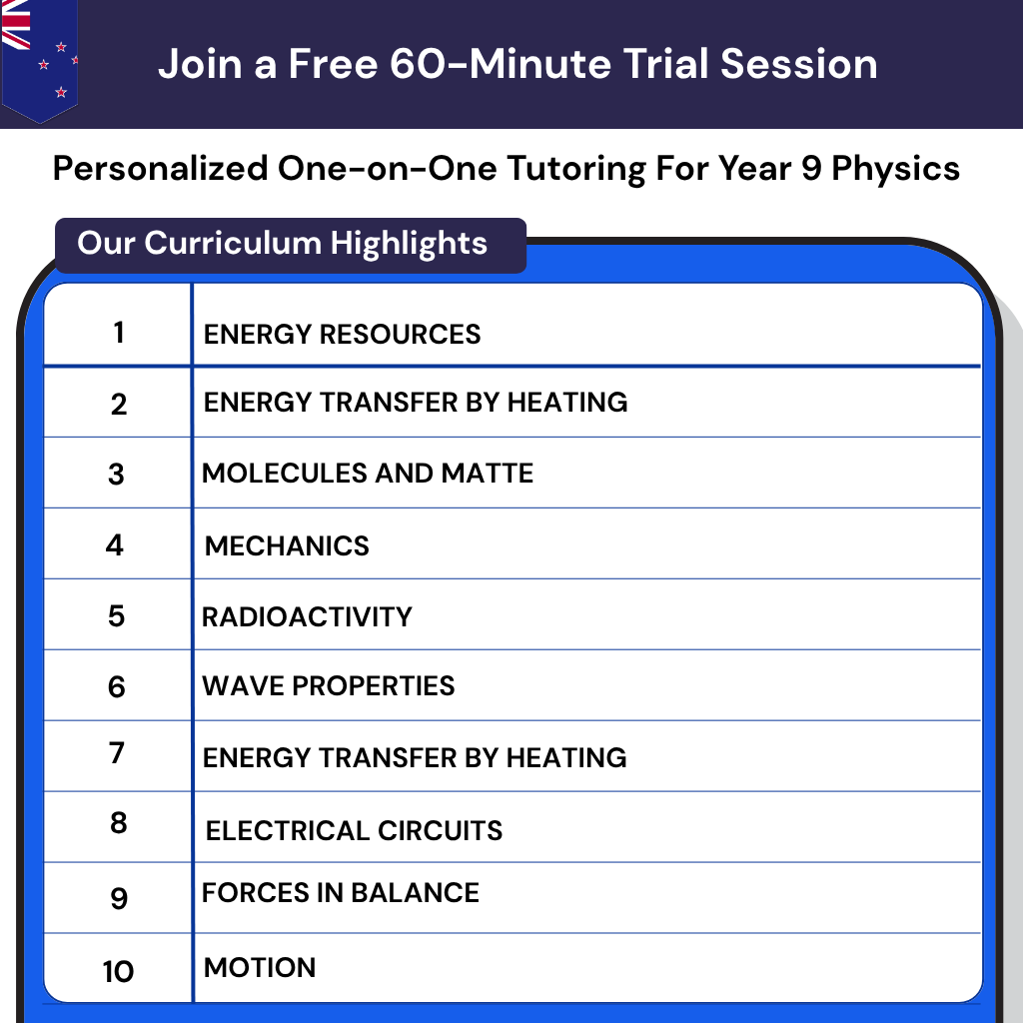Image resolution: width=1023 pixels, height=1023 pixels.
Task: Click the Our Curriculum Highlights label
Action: pos(283,243)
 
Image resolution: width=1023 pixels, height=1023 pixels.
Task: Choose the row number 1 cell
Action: pos(119,332)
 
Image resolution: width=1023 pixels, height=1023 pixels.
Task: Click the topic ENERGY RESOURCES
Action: pos(342,334)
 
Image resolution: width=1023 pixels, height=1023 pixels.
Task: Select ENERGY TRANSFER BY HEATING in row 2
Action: pos(416,402)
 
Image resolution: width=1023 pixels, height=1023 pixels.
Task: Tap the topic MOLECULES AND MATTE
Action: pos(368,473)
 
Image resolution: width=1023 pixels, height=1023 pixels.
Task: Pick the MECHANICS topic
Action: pos(287,545)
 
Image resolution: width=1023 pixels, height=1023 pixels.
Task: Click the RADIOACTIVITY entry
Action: pos(307,616)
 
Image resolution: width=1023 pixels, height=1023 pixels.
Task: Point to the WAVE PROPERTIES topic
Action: pos(328,686)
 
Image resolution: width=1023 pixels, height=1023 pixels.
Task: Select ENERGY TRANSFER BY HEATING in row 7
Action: pos(415,757)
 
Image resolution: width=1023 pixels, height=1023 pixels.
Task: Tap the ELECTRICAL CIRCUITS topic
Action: pos(354,830)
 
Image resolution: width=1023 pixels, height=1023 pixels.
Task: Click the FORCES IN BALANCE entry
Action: pos(341,892)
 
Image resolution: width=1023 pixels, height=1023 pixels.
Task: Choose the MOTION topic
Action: pos(260,967)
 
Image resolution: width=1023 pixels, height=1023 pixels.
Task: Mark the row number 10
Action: pos(118,971)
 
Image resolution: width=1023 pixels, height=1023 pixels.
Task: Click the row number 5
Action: pos(117,615)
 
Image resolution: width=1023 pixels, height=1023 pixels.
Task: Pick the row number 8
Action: pos(119,823)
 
